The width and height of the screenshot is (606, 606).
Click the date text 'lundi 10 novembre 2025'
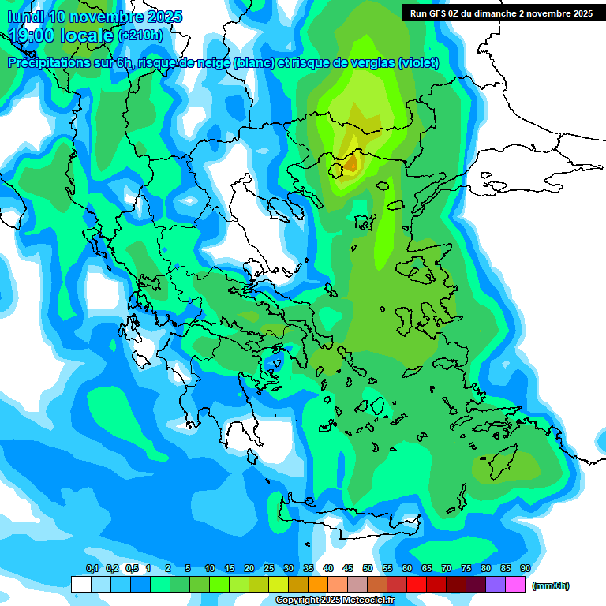tap(95, 17)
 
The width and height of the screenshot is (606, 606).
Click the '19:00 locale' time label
tap(62, 35)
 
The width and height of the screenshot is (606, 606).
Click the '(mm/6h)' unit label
tap(550, 585)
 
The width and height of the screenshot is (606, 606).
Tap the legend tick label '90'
tap(526, 569)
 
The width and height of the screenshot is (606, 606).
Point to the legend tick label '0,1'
tap(92, 569)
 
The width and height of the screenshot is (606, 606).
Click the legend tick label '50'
tap(368, 569)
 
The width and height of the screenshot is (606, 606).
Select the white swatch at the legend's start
tap(80, 585)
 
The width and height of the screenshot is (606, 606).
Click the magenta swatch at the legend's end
tap(515, 585)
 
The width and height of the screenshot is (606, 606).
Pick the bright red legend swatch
tap(417, 585)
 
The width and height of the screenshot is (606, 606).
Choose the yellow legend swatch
tap(278, 585)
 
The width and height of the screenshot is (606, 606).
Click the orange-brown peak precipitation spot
tap(350, 164)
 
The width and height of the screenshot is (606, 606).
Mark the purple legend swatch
tap(496, 585)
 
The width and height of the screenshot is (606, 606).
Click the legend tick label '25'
tap(269, 569)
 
